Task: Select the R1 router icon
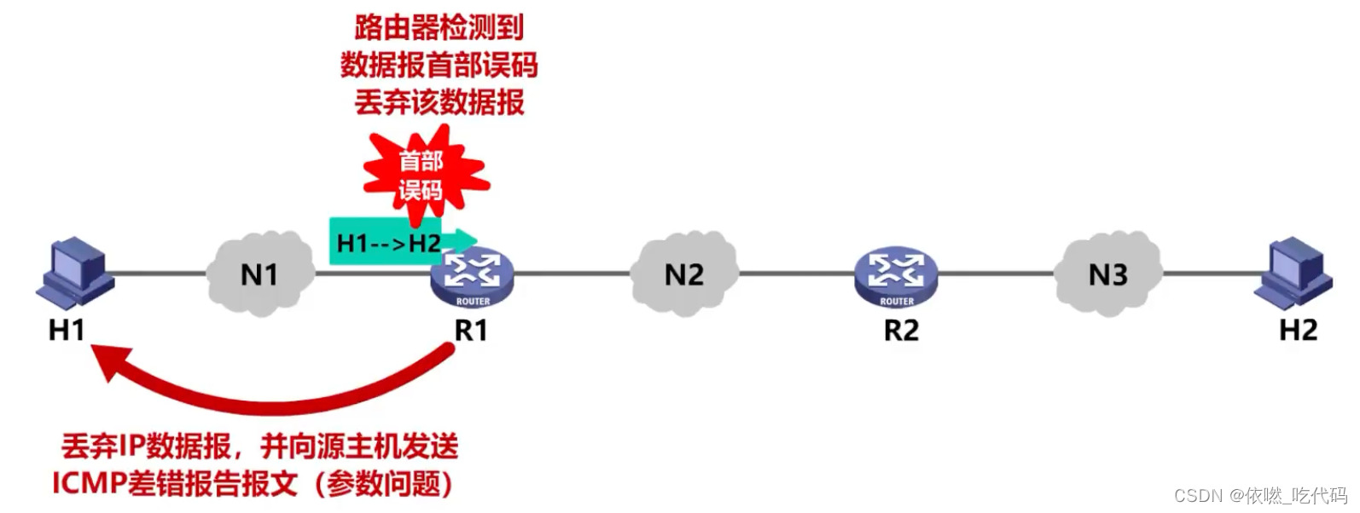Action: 471,276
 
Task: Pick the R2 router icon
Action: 896,276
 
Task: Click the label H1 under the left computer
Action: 67,329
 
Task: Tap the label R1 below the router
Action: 471,329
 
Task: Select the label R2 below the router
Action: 901,329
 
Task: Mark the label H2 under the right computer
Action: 1298,329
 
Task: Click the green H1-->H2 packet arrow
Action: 392,243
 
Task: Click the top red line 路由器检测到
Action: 439,27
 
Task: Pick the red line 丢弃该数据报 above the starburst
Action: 439,102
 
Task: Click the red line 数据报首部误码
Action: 439,65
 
